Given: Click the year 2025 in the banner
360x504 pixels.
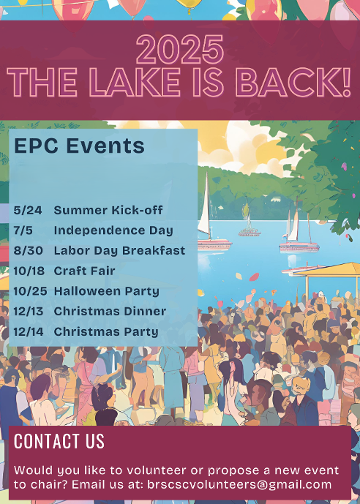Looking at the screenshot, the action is tap(180, 50).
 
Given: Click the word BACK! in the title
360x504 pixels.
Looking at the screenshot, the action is tap(293, 82).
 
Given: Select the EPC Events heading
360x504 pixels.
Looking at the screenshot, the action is tap(79, 146).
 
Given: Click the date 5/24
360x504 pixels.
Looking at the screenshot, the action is tap(28, 210).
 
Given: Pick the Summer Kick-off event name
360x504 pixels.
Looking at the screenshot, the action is tap(108, 210).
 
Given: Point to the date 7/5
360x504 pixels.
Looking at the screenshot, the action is tap(23, 230).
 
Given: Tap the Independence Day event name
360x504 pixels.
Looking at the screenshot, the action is tap(113, 230).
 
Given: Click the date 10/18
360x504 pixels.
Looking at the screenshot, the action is tap(29, 271).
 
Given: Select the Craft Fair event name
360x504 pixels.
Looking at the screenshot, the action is tap(84, 271).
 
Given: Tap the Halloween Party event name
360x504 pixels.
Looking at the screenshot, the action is tap(106, 292).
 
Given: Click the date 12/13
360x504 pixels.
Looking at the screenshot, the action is tap(29, 311).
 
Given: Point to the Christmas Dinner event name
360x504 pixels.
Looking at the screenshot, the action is tap(110, 311).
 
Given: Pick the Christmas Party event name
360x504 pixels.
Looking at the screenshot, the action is tap(106, 331).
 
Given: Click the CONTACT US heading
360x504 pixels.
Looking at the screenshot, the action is tap(59, 441).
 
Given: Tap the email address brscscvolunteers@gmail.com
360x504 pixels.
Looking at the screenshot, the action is tap(239, 484).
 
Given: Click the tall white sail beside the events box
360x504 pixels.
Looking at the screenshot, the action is tap(204, 205).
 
